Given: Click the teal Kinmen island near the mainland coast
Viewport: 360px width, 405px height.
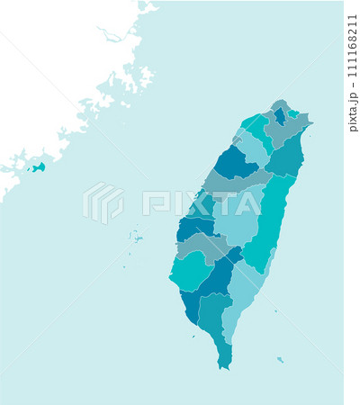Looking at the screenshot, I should (38, 167).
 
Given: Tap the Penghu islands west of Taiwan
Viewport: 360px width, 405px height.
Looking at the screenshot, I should (136, 238).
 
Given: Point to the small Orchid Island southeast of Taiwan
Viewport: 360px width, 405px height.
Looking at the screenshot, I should (281, 359).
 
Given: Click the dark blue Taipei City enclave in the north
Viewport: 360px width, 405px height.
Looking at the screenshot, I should (280, 116).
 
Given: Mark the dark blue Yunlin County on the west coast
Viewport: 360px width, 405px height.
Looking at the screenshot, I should (193, 227).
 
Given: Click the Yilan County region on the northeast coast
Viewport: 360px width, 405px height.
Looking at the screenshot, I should (286, 157).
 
